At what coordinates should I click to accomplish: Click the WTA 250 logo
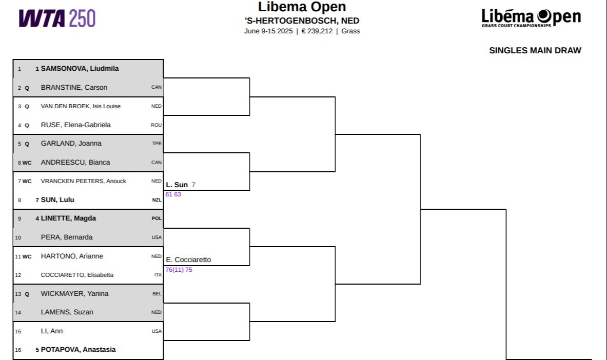pos(57,18)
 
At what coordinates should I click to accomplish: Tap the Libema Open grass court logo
pos(531,18)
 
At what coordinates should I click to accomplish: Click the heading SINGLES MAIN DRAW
pos(535,50)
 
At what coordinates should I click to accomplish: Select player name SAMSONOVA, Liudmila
pos(80,69)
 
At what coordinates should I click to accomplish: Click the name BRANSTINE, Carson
pos(74,88)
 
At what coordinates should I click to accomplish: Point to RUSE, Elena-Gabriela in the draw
pos(75,125)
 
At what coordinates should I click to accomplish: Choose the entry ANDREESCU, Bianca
pos(75,163)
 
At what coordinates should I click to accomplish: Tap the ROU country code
pos(156,125)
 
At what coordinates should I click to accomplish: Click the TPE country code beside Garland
pos(157,144)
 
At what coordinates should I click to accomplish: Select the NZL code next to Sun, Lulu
pos(157,200)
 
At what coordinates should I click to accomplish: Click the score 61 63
pos(173,194)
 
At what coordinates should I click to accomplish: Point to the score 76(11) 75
pos(179,270)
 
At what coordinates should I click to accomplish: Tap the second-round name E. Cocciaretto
pos(188,259)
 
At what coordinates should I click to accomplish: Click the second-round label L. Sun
pos(177,185)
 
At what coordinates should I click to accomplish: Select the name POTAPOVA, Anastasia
pos(78,350)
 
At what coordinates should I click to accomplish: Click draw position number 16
pos(18,350)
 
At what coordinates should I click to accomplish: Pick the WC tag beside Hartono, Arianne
pos(27,256)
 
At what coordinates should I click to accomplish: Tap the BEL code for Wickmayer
pos(157,294)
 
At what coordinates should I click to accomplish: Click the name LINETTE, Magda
pos(69,218)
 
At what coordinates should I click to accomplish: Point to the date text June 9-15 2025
pos(268,31)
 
